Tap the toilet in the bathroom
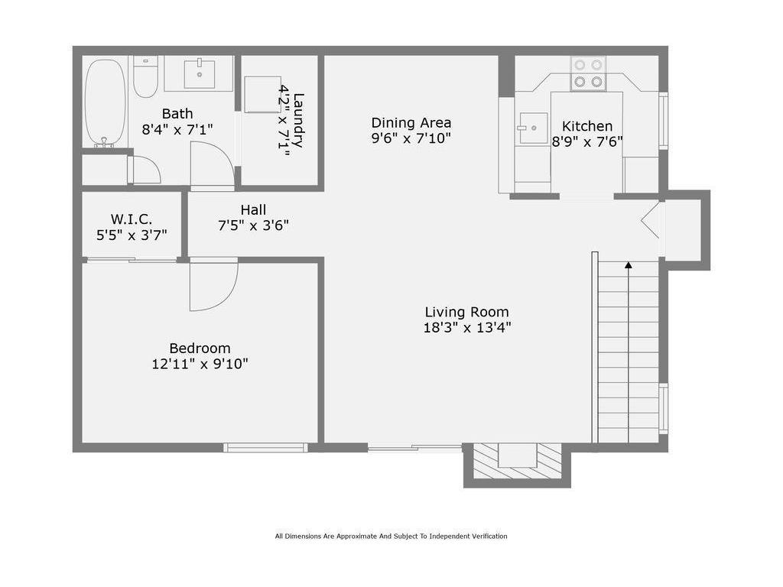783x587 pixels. [x=146, y=77]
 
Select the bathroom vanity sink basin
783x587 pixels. [x=200, y=74]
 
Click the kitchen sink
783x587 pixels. [x=532, y=128]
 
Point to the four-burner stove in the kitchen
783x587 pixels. [x=588, y=73]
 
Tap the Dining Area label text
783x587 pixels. [x=411, y=123]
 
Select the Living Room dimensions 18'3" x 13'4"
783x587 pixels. [x=467, y=328]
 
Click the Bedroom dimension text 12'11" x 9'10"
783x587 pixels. [x=200, y=364]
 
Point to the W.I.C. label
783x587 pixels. [x=132, y=219]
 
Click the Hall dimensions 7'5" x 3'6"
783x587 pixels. [x=253, y=225]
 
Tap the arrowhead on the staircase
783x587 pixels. [x=629, y=265]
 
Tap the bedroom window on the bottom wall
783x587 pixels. [x=265, y=448]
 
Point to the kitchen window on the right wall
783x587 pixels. [x=663, y=121]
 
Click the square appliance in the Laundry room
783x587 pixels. [x=263, y=94]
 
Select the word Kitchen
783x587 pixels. [x=587, y=126]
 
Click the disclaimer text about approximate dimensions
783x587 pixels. [x=391, y=536]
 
